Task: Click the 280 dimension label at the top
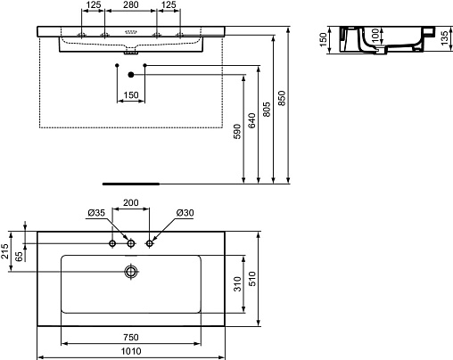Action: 131,4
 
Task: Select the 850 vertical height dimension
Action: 282,98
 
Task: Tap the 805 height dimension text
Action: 267,110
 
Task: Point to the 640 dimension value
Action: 251,120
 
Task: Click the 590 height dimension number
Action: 237,132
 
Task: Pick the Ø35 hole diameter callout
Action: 96,213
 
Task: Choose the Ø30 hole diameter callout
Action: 185,213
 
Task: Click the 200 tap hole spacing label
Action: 131,202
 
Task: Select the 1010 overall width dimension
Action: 131,351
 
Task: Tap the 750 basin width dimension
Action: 131,338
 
